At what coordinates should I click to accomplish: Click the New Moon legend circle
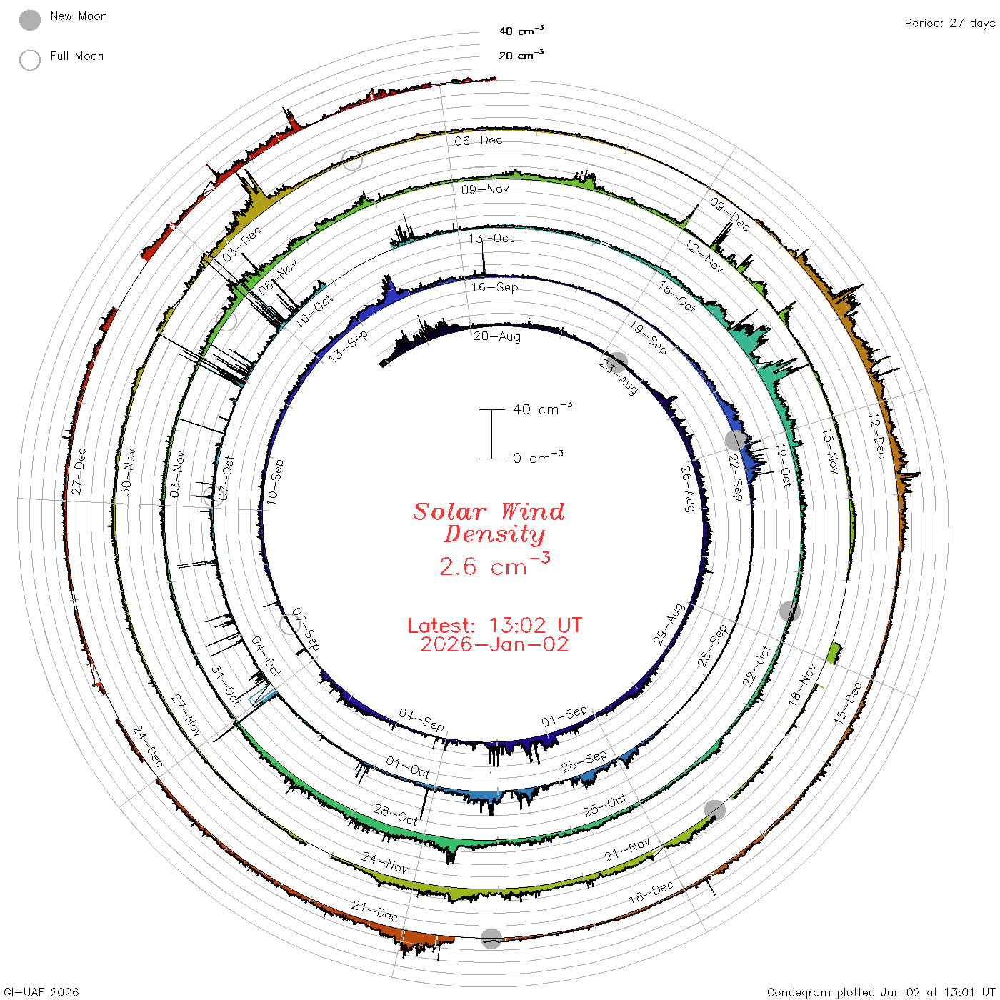[29, 20]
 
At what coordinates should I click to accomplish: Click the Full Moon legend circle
[29, 60]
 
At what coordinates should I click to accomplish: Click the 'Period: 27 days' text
[949, 24]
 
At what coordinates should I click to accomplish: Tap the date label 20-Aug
[496, 336]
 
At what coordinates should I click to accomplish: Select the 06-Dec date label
[478, 140]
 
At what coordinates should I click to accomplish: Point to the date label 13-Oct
[491, 238]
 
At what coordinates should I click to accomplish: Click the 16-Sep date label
[494, 287]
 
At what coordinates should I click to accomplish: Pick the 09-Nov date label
[485, 189]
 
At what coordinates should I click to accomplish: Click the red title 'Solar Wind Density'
[489, 523]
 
